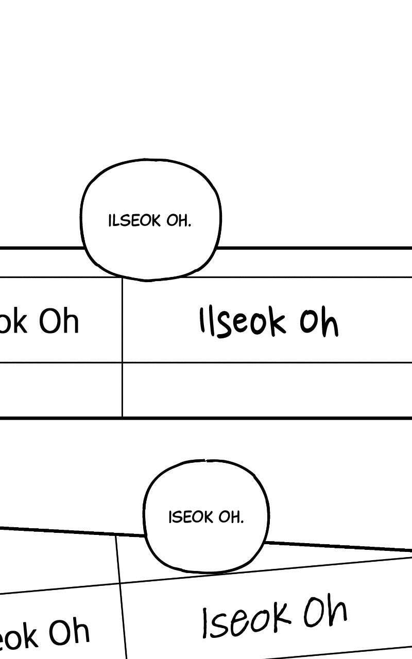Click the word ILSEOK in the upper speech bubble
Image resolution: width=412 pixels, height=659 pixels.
(134, 221)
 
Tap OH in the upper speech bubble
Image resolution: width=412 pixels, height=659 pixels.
(178, 221)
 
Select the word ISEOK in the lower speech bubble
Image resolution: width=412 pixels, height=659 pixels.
(191, 517)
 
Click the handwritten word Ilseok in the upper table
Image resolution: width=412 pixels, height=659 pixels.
(243, 321)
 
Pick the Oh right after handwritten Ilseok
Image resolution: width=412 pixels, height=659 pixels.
(319, 321)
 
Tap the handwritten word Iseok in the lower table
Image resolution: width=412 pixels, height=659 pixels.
(246, 618)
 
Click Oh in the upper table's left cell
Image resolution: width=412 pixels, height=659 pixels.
(59, 321)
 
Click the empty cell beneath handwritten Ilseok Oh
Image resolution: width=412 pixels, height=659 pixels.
(267, 390)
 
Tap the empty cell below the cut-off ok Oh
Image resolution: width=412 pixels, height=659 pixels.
(61, 390)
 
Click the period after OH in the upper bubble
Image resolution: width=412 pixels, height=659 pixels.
(190, 226)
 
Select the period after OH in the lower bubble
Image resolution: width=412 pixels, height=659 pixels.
(242, 522)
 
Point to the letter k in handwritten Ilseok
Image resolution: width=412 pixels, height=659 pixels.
(277, 323)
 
